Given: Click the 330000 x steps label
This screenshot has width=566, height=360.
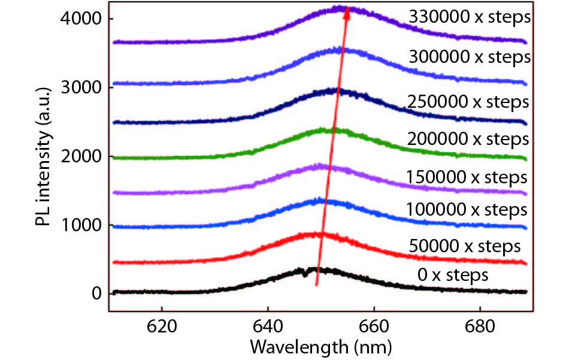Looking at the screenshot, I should [x=470, y=17].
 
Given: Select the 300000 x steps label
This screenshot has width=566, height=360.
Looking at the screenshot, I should [x=470, y=57].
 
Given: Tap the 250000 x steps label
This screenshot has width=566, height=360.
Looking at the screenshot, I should [x=468, y=102].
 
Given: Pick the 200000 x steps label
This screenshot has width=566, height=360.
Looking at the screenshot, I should [x=468, y=140].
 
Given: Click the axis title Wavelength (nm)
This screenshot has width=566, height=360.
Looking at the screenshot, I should [x=320, y=347].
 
